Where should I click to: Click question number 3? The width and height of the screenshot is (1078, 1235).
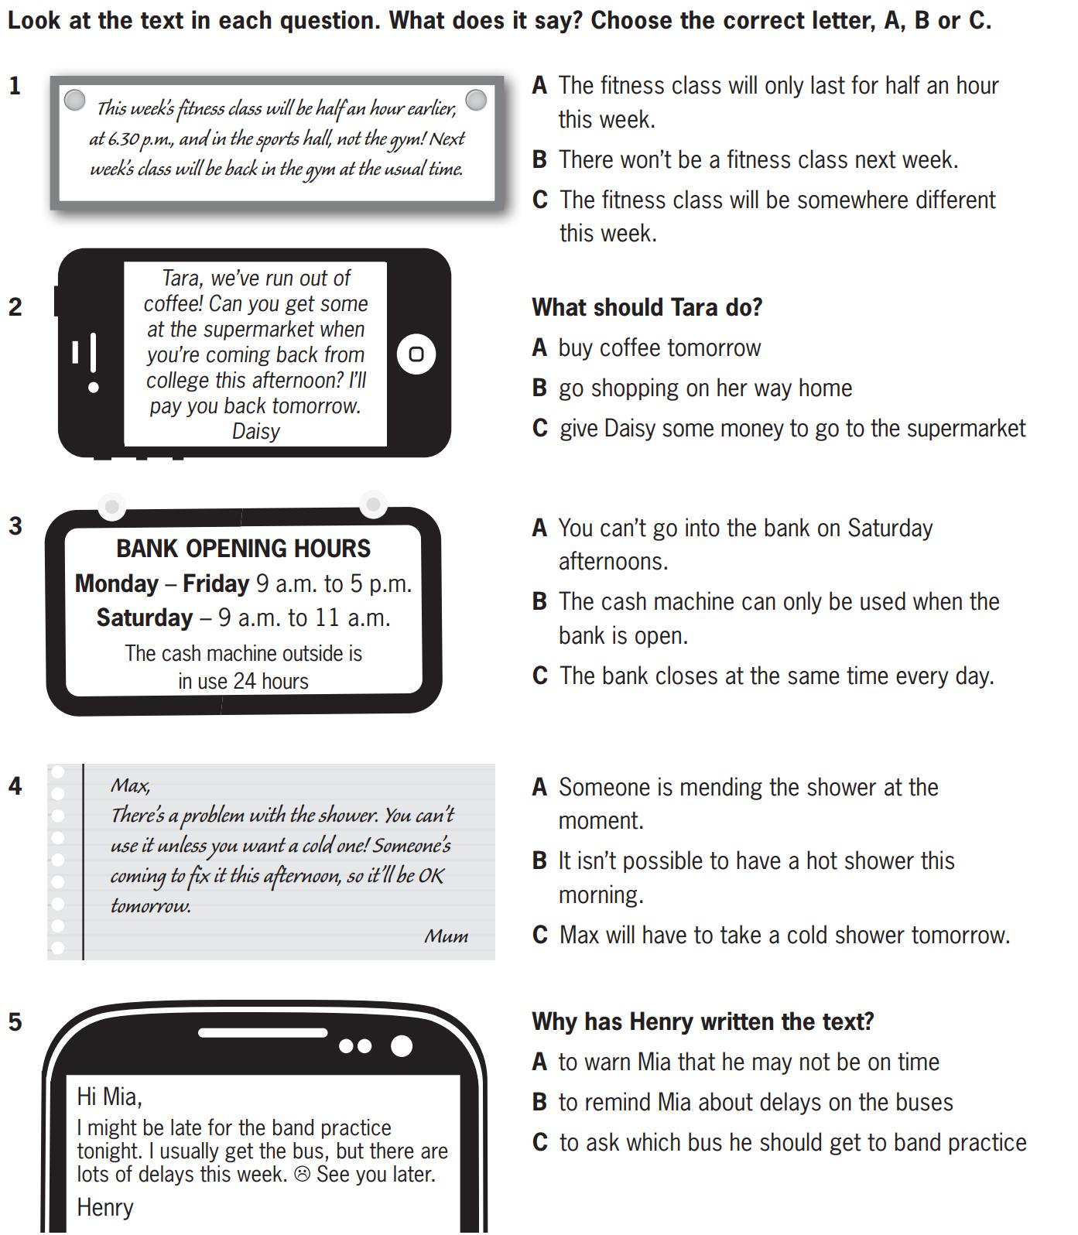tap(15, 526)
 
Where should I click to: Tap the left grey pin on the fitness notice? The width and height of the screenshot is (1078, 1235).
tap(74, 100)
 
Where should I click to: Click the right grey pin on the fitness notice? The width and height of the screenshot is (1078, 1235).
tap(477, 100)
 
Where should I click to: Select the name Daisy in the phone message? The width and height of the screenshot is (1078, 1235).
tap(255, 431)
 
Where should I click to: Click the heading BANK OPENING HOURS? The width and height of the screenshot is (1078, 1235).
tap(244, 549)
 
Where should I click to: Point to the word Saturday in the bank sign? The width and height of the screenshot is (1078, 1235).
tap(145, 617)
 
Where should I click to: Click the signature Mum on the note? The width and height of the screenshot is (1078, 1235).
tap(447, 936)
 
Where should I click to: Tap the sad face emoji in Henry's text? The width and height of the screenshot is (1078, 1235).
tap(303, 1175)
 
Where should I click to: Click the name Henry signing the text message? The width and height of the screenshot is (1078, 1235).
tap(105, 1207)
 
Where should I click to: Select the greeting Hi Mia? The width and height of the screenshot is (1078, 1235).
tap(109, 1096)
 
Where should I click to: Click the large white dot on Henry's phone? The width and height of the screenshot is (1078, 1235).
tap(402, 1046)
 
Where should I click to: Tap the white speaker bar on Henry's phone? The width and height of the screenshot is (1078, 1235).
tap(263, 1032)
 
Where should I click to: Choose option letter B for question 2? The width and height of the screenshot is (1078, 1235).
tap(539, 388)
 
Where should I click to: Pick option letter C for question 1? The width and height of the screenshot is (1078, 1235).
tap(540, 200)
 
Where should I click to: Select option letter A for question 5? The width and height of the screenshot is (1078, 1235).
tap(539, 1062)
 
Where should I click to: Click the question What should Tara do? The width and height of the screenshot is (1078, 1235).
tap(647, 308)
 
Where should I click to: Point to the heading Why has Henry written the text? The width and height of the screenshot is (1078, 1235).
tap(703, 1022)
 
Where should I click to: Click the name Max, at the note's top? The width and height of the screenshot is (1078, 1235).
tap(131, 786)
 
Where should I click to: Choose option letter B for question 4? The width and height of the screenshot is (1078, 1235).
tap(539, 861)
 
